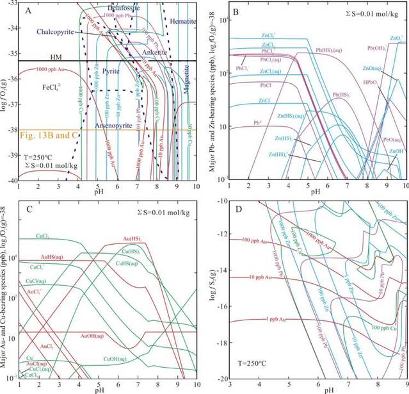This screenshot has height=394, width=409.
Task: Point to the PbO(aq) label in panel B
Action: (392, 139)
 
